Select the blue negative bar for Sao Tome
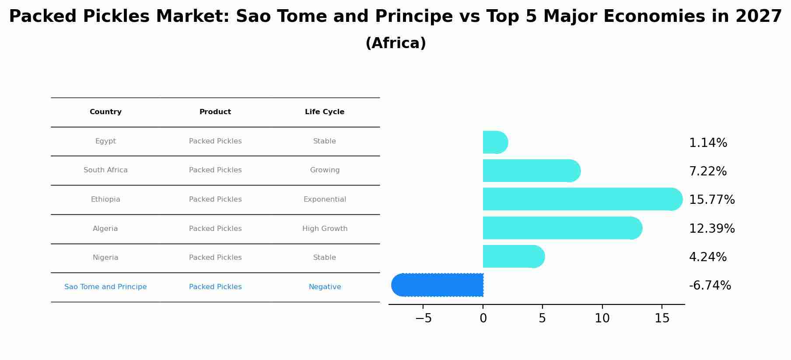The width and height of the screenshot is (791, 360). coord(437,285)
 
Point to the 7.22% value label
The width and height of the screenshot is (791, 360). coord(707,171)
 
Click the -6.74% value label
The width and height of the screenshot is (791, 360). coord(710,286)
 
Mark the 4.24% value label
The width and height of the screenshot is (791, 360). coord(707,257)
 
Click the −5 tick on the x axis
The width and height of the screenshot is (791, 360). coord(423,318)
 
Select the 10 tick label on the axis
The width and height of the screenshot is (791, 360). coord(602,318)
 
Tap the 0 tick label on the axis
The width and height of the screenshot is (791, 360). coord(483,318)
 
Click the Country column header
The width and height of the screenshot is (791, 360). coord(105,112)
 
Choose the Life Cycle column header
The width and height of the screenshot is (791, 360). coord(325,112)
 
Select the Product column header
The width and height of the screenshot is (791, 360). coord(215,112)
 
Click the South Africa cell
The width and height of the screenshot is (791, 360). coord(105,170)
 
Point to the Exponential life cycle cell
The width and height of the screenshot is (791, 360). coord(325,199)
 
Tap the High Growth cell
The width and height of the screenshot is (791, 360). coord(325,229)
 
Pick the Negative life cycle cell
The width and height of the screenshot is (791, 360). coord(325,287)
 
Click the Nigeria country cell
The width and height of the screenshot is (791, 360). coord(105,258)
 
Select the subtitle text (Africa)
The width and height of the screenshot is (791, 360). coord(395,43)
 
